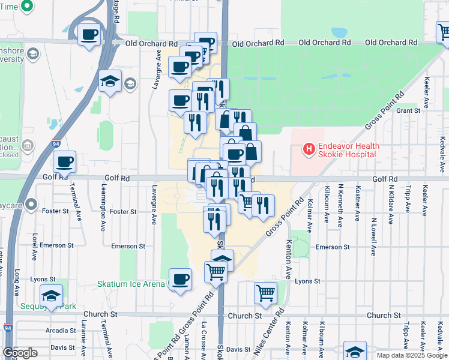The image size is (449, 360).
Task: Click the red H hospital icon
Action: coord(309,147)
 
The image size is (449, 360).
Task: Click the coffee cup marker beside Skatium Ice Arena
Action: coord(181,279)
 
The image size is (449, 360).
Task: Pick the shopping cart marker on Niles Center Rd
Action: coord(265,293)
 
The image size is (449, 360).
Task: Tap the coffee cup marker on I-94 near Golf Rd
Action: coord(65,161)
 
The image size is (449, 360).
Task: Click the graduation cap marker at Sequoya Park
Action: coord(52,295)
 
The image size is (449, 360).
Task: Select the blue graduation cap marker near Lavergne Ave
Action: coord(110,81)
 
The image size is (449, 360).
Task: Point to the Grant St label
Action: coord(408,110)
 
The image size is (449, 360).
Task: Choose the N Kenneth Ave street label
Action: coord(340,205)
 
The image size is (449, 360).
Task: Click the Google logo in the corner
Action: coord(20,353)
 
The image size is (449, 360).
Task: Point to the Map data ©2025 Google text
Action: coord(412,355)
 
